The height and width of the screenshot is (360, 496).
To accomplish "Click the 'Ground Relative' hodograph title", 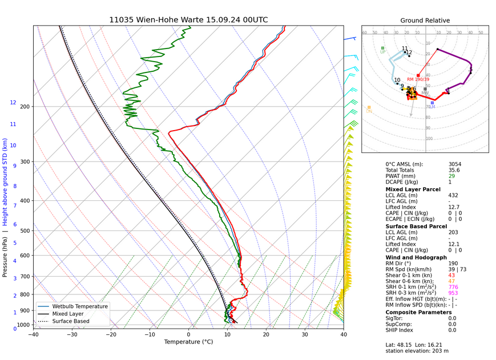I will click(425, 21).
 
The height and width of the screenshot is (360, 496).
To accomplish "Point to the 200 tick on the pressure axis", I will click(24, 107).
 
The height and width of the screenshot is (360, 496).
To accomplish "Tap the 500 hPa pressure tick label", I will click(24, 231).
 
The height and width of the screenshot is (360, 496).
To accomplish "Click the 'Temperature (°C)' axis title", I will click(188, 342).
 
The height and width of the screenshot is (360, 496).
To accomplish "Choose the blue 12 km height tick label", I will click(13, 103).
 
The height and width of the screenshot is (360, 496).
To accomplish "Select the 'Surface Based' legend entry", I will click(71, 321).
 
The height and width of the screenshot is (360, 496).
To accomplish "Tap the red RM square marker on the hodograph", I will click(418, 75).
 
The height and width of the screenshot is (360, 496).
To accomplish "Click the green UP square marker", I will click(382, 48).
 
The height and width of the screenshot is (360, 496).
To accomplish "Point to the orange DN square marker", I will click(369, 107).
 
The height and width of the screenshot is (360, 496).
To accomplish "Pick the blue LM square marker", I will click(433, 103).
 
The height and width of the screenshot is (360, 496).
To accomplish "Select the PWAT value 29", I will click(451, 176).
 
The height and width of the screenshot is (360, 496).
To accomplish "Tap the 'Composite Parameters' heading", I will click(418, 312).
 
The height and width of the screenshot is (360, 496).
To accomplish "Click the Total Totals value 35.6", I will click(454, 170).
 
